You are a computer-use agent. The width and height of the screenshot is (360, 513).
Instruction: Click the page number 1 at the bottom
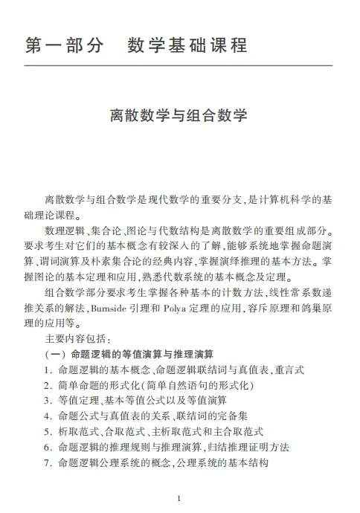pos(179,497)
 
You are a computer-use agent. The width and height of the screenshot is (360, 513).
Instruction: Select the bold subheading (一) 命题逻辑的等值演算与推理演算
pos(129,353)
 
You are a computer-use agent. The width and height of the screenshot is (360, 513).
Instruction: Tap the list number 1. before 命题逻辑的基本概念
pos(48,370)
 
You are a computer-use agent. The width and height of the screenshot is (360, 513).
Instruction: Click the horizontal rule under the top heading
pos(179,65)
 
